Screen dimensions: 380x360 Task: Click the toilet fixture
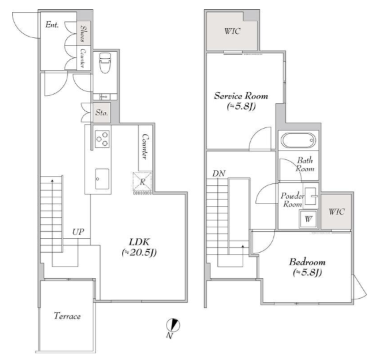[x=105, y=63]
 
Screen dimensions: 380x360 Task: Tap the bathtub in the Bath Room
[x=298, y=140]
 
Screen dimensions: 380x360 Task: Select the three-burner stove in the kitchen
[x=102, y=139]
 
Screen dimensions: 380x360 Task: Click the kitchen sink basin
[x=102, y=179]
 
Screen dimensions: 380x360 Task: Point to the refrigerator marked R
[x=142, y=182]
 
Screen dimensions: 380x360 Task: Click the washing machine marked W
[x=308, y=219]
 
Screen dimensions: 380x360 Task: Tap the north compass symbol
[x=173, y=325]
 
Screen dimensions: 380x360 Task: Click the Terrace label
[x=67, y=316]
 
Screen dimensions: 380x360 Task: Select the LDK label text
[x=139, y=242]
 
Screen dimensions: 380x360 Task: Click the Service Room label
[x=241, y=96]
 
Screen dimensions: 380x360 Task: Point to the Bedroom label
[x=307, y=262]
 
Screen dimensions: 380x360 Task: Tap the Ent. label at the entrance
[x=52, y=25]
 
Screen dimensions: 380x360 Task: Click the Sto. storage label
[x=101, y=113]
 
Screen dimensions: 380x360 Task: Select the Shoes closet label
[x=83, y=33]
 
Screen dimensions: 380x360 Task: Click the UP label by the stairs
[x=78, y=232]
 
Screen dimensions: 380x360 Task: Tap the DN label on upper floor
[x=219, y=173]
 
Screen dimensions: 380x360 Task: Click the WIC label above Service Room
[x=233, y=31]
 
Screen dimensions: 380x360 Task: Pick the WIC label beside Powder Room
[x=337, y=211]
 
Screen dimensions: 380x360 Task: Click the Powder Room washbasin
[x=311, y=196]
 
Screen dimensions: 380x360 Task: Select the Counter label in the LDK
[x=145, y=147]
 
